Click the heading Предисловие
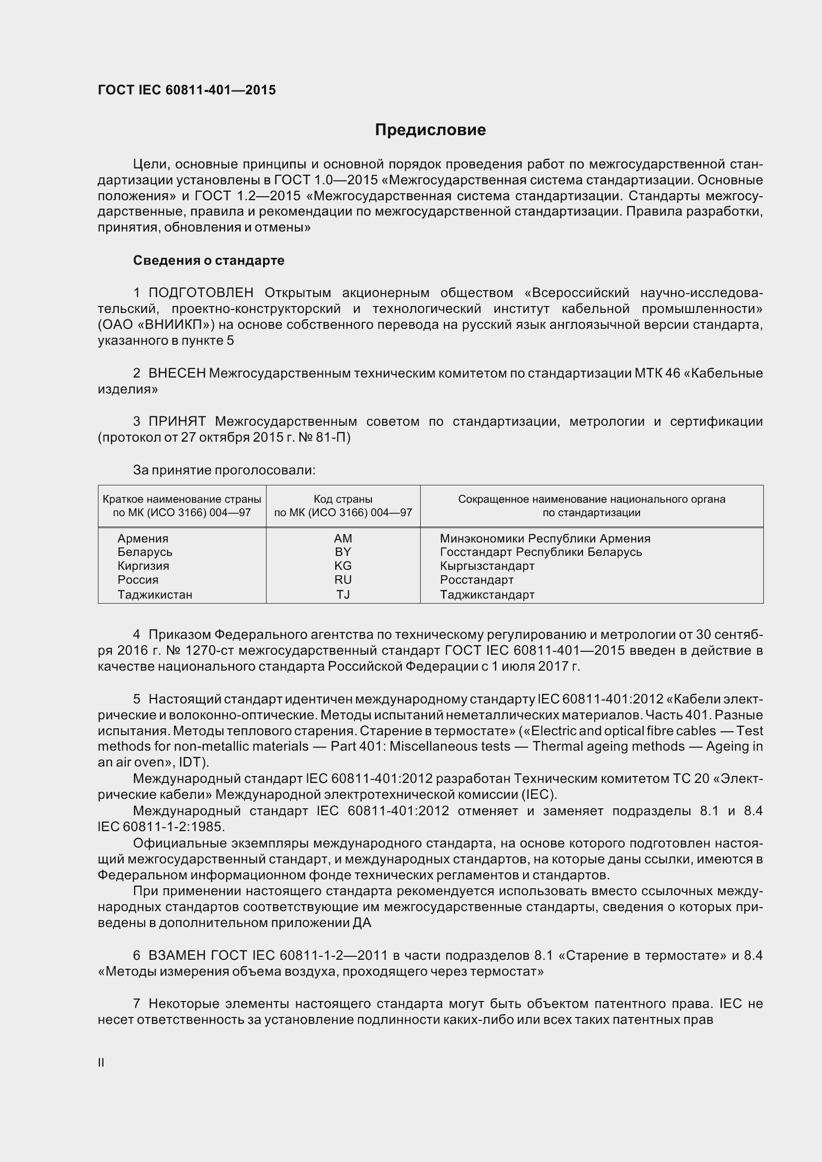(430, 130)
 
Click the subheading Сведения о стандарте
(209, 261)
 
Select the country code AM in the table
(343, 539)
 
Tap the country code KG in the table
(343, 566)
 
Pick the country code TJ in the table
(343, 595)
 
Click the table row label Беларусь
(145, 552)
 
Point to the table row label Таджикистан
(155, 595)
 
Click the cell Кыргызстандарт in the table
(487, 566)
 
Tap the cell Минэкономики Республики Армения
(545, 539)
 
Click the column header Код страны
(343, 499)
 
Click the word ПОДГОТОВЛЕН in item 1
(201, 293)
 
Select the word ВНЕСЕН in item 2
(177, 374)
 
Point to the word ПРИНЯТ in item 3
(177, 422)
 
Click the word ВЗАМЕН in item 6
(177, 955)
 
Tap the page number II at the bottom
(101, 1063)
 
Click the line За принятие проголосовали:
(224, 470)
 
